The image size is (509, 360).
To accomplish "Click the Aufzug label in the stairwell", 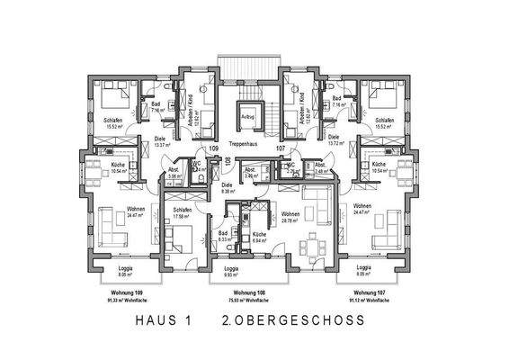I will point(248,116).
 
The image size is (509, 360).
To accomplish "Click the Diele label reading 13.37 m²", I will point(163,139).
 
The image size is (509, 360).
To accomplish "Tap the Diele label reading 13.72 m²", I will point(334,139).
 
